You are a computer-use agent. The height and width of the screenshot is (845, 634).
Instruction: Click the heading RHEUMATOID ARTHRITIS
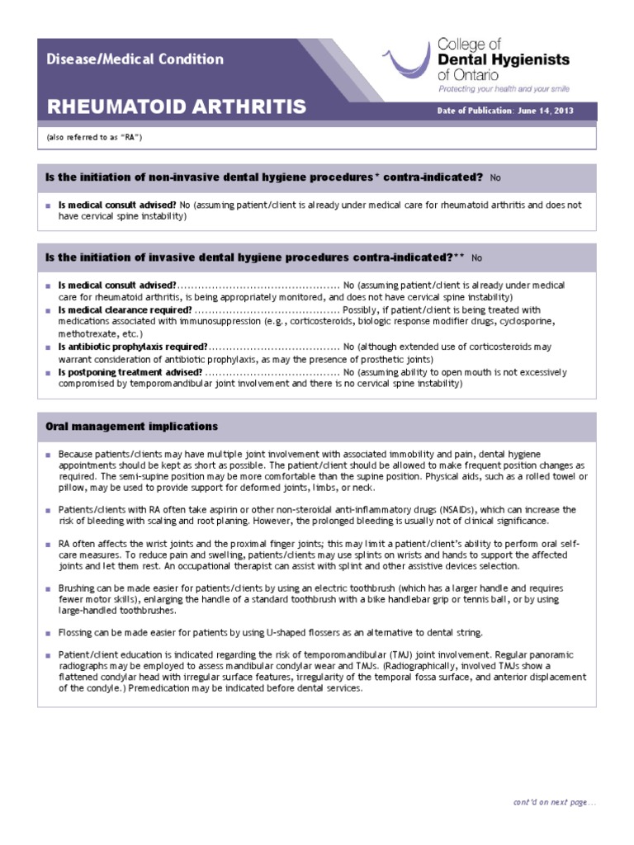click(176, 106)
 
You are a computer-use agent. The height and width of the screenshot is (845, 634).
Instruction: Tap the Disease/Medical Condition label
click(135, 59)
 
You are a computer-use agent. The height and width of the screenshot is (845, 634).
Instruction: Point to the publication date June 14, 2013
click(546, 111)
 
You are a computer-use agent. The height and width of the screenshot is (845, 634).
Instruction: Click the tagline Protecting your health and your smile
click(503, 88)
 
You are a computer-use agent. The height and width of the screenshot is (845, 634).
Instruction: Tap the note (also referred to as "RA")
click(95, 137)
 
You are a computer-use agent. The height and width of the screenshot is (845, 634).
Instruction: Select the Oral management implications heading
click(132, 427)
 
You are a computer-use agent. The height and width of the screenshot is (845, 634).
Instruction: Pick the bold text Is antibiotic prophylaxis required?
click(133, 347)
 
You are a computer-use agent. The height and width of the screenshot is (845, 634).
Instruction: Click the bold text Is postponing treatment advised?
click(130, 372)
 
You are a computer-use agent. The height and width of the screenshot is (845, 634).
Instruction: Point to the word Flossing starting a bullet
click(77, 632)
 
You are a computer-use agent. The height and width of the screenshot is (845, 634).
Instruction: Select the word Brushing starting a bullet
click(78, 588)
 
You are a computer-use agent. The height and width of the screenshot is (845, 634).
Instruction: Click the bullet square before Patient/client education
click(49, 655)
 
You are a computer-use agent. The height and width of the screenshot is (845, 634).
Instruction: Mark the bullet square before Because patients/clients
click(49, 455)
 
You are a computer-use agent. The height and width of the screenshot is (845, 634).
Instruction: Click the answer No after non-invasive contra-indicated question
click(495, 178)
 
